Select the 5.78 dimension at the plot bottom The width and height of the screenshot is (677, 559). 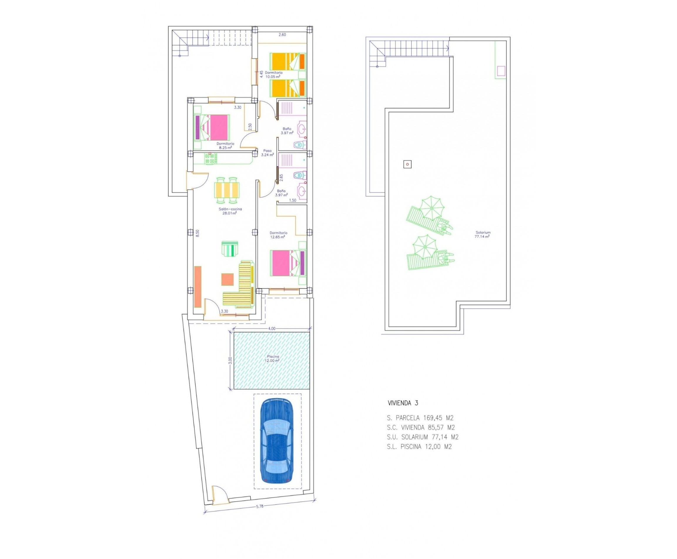[259, 515]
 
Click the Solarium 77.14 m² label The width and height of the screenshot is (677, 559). [482, 234]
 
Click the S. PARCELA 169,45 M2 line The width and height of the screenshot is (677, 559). [420, 418]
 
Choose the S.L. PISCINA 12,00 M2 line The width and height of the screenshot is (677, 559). [419, 447]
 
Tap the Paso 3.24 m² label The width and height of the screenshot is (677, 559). [268, 152]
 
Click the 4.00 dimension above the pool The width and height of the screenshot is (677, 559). [272, 329]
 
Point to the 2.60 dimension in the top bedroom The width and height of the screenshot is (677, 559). [282, 35]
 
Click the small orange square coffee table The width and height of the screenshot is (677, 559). [227, 279]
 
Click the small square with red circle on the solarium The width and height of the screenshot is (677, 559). [407, 164]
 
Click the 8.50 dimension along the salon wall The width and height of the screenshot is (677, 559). [197, 233]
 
